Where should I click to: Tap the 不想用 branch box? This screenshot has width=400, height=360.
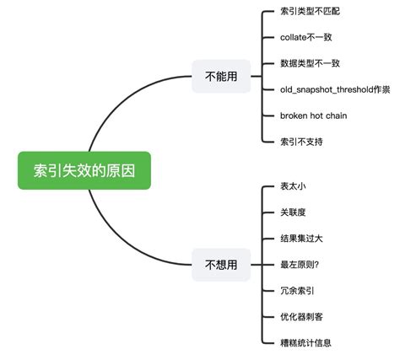pos(221,265)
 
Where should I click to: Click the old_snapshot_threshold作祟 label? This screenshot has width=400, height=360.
pos(334,89)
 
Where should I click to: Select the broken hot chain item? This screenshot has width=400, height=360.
pos(313,115)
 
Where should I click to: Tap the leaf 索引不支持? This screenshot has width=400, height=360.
pos(301,141)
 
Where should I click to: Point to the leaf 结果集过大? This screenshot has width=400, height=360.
pos(301,239)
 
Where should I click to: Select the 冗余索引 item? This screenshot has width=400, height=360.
pos(296,291)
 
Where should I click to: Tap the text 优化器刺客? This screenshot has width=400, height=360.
pos(301,317)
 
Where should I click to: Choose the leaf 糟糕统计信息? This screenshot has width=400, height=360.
pos(306,342)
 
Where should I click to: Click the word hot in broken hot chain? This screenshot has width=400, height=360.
pos(319,115)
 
